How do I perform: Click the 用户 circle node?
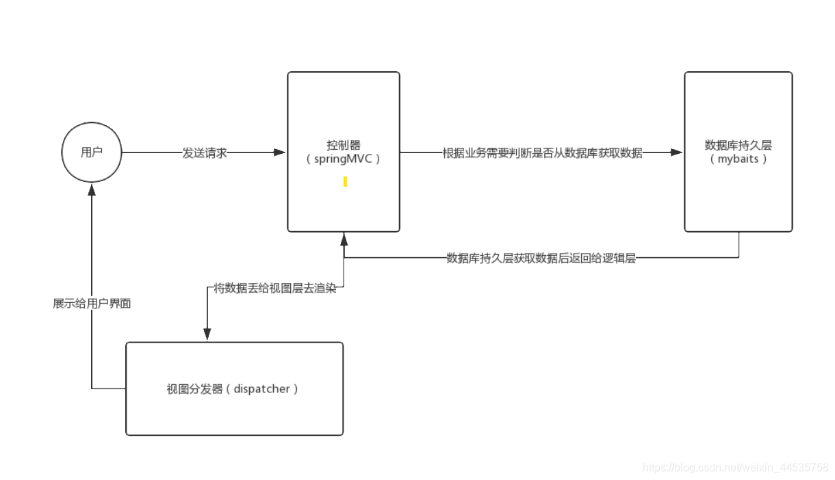pos(91,152)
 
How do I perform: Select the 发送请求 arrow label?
pos(205,153)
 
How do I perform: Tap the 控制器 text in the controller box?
pos(343,146)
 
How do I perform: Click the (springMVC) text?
pos(343,159)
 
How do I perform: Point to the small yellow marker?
pos(345,182)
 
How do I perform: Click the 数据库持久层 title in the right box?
pos(738,146)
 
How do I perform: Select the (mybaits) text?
pos(738,159)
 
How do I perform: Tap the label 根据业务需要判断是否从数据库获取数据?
pos(542,153)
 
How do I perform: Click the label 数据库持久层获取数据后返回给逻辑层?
pos(541,258)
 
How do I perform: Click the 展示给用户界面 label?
pos(92,304)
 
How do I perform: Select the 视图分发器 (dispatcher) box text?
pos(233,389)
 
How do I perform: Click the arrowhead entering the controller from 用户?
pos(280,152)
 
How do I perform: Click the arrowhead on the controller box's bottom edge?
pos(344,238)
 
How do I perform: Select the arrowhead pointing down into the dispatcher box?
pos(207,334)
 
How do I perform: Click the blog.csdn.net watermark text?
pos(736,468)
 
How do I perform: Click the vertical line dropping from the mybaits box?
pos(739,245)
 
